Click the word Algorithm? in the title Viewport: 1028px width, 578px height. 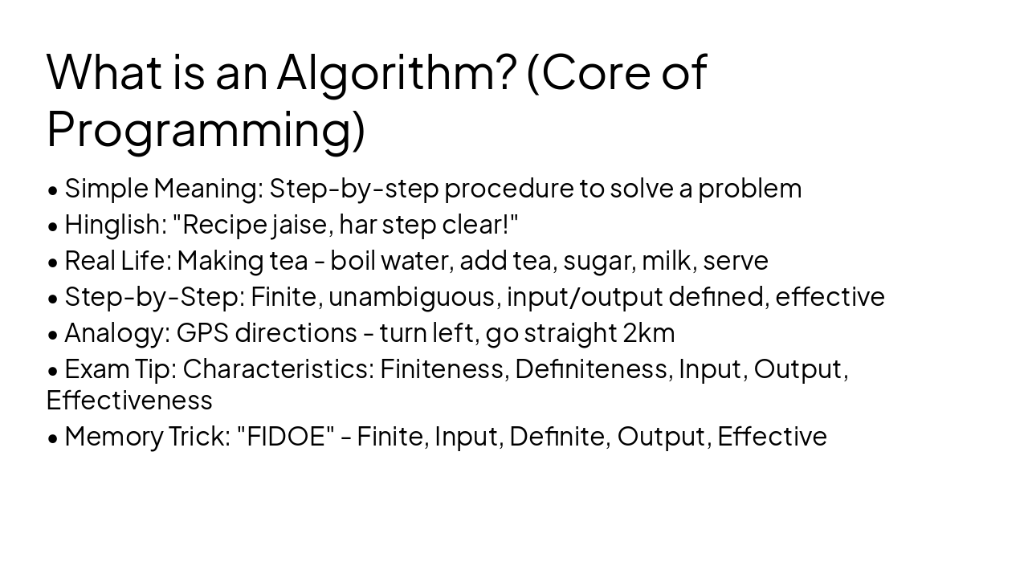396,72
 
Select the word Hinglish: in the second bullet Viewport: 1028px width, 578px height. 116,225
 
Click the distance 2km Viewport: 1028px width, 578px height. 649,333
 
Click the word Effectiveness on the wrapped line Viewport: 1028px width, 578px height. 129,400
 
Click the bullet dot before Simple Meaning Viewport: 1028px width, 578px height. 53,190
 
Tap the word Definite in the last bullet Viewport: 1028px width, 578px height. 559,437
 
